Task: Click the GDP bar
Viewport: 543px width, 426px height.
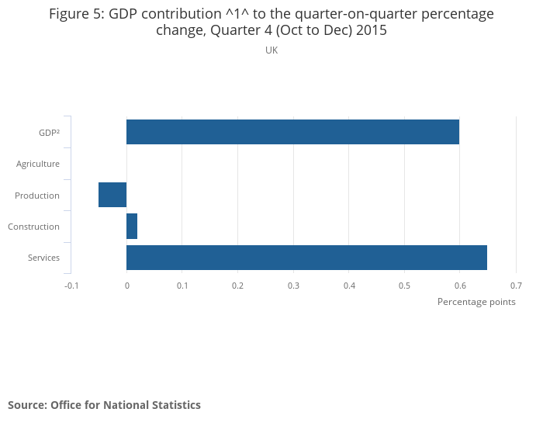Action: point(292,132)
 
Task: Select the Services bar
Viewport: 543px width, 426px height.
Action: point(306,258)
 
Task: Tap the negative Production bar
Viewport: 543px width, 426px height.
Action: point(112,195)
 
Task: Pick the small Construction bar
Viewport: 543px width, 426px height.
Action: point(132,227)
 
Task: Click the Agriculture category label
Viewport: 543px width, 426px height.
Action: point(38,164)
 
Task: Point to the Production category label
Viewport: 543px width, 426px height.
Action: point(37,196)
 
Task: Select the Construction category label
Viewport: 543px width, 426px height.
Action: point(33,227)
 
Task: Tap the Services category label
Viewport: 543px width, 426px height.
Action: point(43,258)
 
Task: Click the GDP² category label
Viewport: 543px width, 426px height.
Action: point(49,133)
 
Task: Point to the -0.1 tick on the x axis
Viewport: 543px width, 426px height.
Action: point(71,286)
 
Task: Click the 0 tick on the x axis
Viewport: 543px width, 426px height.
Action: point(126,286)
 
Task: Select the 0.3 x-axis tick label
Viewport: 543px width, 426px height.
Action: point(293,286)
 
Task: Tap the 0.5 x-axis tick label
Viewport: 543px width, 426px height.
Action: point(404,286)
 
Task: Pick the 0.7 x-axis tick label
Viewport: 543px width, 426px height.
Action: point(516,286)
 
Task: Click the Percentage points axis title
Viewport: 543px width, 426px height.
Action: point(476,302)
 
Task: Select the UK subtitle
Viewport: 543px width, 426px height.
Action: point(271,50)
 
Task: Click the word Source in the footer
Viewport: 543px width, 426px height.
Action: point(26,405)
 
